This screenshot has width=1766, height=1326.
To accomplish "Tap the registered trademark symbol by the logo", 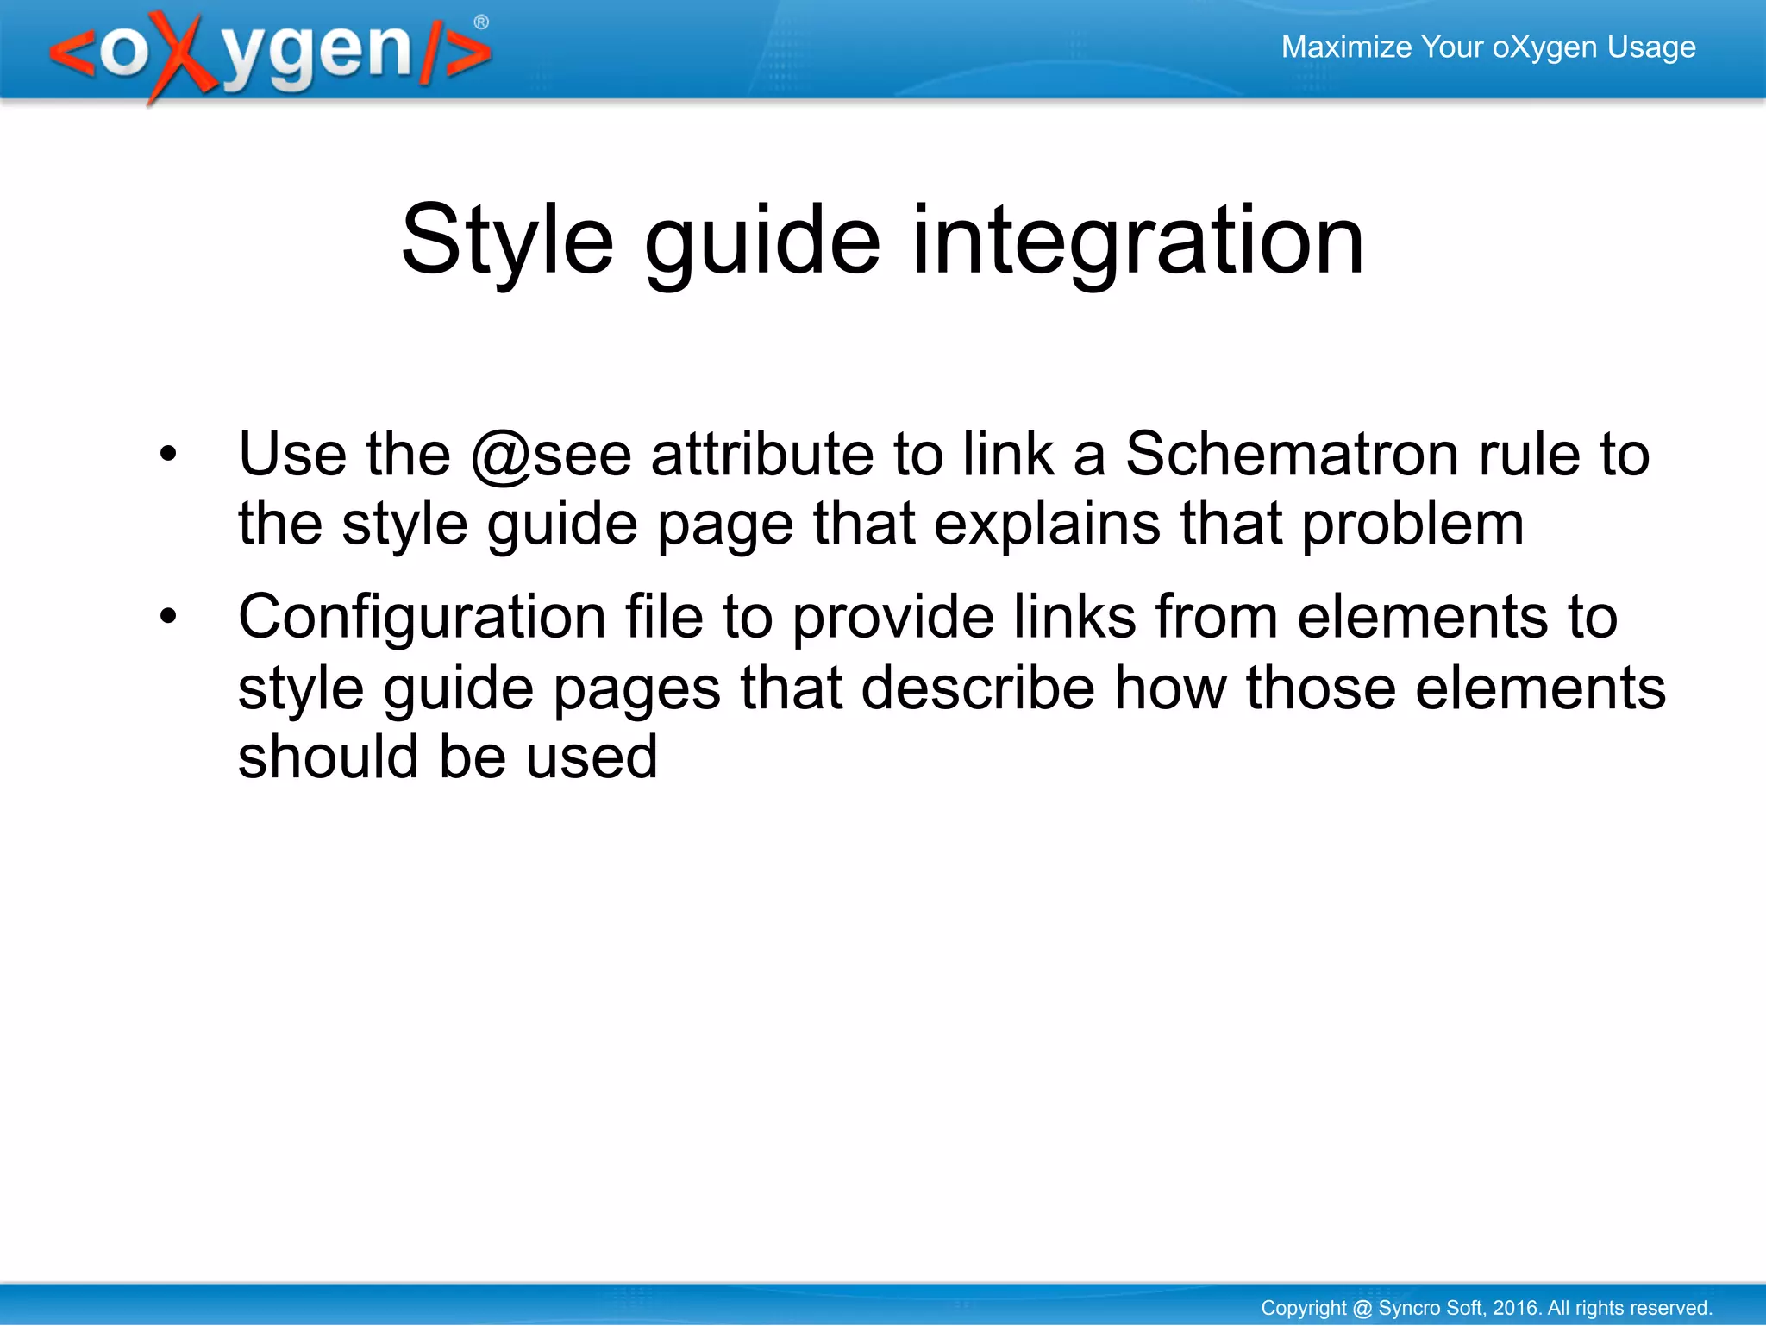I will pos(481,22).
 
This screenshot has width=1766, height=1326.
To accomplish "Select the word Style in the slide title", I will pos(507,241).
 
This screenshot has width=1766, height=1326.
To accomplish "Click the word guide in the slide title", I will pos(762,241).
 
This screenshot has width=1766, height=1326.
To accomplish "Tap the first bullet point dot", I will pos(168,454).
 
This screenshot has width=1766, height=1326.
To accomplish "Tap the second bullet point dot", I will pos(168,617).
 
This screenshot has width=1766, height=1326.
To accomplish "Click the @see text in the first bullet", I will pos(551,455).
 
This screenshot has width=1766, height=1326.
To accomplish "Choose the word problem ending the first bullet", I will pos(1412,525).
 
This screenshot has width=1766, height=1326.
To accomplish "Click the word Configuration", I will pos(422,618).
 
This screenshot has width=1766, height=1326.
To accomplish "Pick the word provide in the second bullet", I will pos(892,618).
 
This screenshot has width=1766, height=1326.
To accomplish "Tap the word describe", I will pos(978,688).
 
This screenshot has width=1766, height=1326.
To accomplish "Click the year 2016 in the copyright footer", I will pos(1515,1308).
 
